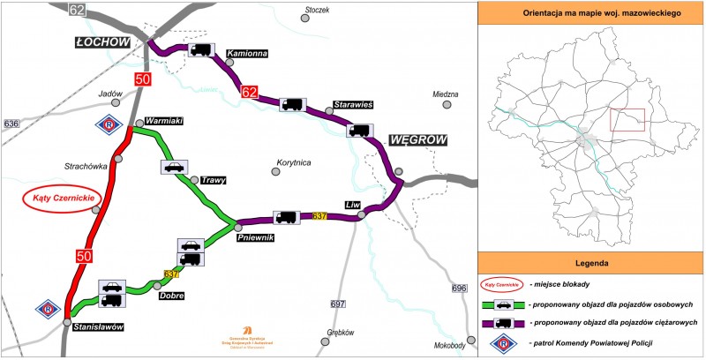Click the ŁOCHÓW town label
click(103, 42)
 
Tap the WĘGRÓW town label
click(417, 139)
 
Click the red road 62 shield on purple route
click(250, 91)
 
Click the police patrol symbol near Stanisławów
click(47, 311)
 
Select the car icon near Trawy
click(174, 167)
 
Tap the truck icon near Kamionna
click(199, 50)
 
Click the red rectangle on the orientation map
click(628, 121)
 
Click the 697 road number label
click(338, 304)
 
